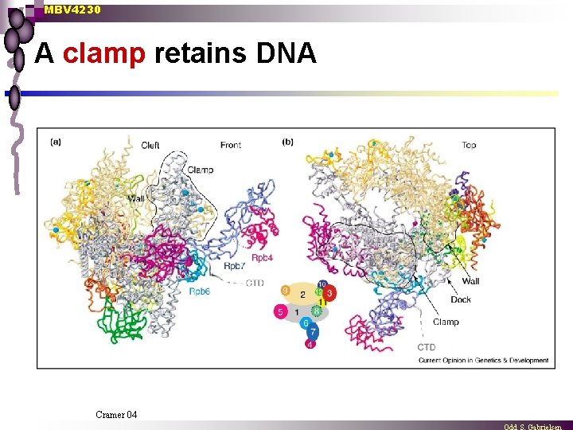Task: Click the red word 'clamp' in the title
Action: tap(103, 54)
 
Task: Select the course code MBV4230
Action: tap(72, 10)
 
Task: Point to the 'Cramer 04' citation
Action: tap(116, 414)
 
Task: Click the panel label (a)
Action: tap(57, 143)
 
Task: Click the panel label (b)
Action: tap(287, 143)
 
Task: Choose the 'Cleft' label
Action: tap(150, 145)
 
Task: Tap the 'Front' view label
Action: tap(231, 145)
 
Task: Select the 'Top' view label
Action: tap(469, 145)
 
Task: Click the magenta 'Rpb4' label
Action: tap(263, 258)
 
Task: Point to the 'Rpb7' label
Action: tap(234, 266)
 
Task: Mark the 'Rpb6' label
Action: tap(200, 291)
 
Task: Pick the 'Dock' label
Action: tap(461, 299)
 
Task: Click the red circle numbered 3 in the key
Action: tap(329, 293)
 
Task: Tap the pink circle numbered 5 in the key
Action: tap(279, 312)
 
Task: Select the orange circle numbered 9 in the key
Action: tap(286, 290)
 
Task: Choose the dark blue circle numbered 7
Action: tap(313, 333)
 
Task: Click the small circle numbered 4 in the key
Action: tap(310, 344)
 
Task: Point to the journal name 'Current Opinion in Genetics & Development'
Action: tap(483, 361)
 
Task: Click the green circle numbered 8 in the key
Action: tap(316, 311)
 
